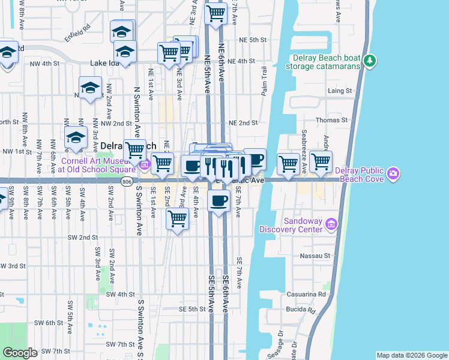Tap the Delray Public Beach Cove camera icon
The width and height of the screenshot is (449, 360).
(393, 174)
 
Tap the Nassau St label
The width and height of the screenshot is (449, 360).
(319, 256)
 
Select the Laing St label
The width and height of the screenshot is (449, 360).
(340, 91)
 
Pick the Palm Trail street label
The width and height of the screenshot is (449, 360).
(264, 80)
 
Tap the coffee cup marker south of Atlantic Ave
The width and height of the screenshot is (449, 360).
(219, 201)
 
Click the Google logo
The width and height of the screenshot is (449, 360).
(20, 353)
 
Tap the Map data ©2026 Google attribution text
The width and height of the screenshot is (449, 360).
(411, 355)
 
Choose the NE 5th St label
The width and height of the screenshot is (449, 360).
(252, 40)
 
